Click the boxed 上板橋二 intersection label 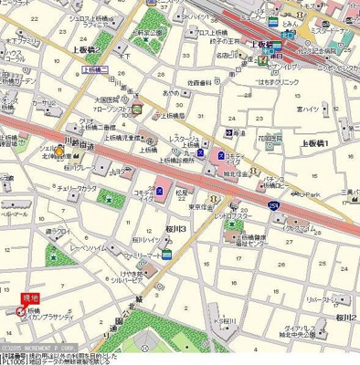click(x=95, y=69)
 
